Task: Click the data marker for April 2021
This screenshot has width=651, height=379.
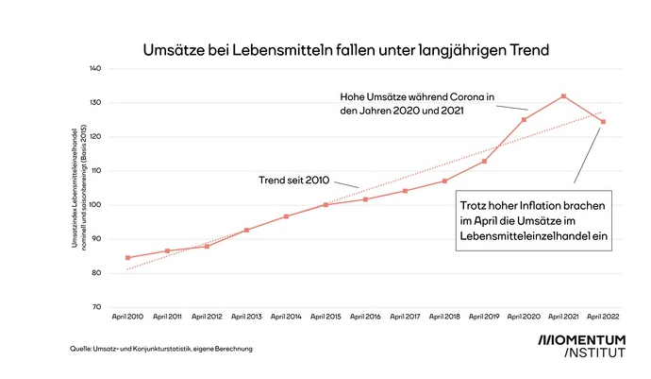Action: coord(563,96)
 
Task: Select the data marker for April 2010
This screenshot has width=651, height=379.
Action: coord(128,257)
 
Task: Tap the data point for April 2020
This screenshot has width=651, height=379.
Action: coord(524,119)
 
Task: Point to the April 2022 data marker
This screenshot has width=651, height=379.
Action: coord(602,122)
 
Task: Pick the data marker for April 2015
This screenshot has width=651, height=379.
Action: coord(325,205)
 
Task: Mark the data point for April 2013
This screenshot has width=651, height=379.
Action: coord(246,230)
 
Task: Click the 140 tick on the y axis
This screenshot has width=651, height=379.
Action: coord(94,69)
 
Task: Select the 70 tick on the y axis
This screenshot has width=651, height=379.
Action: coord(96,307)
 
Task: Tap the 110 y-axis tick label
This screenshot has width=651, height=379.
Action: coord(94,171)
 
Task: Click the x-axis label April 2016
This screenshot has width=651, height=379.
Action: coord(365,318)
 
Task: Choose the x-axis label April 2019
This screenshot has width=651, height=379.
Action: coord(484,318)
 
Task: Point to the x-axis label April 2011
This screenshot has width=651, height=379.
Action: coord(167,318)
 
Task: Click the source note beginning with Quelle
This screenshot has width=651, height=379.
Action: coord(161,349)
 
